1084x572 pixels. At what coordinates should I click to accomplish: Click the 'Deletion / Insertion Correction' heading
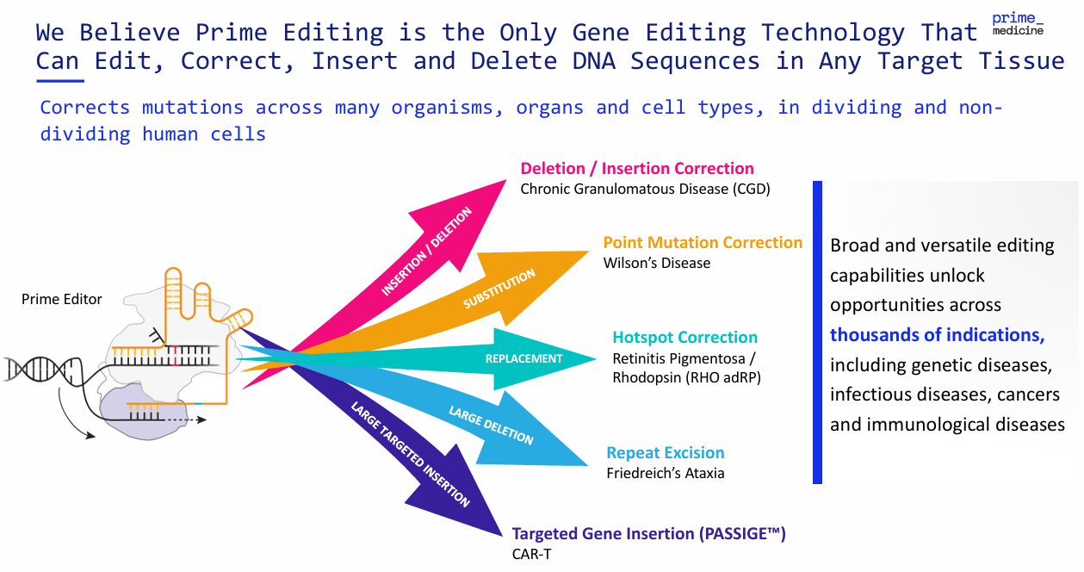click(x=637, y=169)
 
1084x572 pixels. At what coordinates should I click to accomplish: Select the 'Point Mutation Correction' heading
click(x=703, y=243)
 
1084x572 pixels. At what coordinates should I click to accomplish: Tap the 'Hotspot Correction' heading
click(x=684, y=338)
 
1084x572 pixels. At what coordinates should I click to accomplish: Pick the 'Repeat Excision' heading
click(x=665, y=453)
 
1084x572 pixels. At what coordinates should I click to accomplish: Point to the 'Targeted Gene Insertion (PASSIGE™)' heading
click(x=648, y=534)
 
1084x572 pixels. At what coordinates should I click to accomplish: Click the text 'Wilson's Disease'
click(x=656, y=263)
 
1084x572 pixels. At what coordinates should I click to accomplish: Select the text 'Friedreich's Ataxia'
click(x=665, y=473)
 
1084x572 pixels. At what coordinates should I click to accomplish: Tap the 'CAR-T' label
click(x=531, y=554)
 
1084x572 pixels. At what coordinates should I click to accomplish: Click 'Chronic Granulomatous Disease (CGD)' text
click(x=645, y=189)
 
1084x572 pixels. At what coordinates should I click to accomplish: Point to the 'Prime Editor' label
click(x=62, y=300)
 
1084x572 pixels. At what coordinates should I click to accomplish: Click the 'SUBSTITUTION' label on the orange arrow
click(x=499, y=289)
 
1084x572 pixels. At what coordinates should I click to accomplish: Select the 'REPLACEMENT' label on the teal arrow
click(x=523, y=358)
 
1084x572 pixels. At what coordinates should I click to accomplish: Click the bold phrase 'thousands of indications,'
click(x=937, y=335)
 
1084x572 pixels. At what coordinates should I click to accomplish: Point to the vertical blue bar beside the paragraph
click(x=817, y=332)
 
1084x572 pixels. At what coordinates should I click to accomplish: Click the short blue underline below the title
click(x=59, y=81)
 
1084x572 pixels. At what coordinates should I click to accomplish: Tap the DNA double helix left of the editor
click(x=29, y=368)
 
